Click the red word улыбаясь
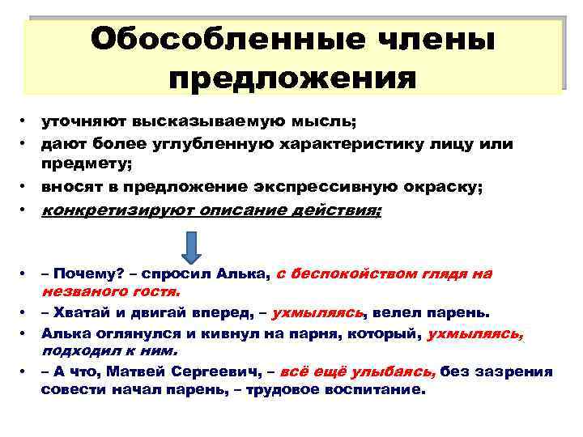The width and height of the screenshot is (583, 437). (x=402, y=371)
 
